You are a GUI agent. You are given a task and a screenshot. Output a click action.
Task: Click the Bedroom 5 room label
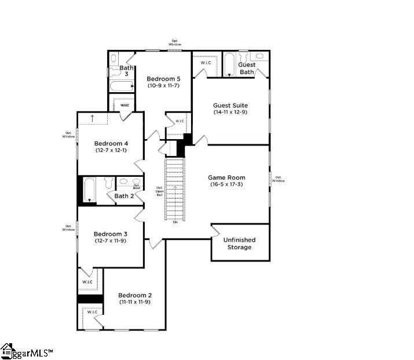(x=163, y=79)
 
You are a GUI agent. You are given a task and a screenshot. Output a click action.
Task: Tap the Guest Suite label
(x=230, y=106)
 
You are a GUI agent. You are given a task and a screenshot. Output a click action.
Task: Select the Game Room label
(x=228, y=178)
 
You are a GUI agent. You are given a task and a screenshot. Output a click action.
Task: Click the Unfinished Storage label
(x=240, y=243)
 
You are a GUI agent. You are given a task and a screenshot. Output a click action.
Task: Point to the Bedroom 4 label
(x=111, y=143)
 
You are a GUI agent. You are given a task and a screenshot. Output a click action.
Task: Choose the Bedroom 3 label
(x=111, y=234)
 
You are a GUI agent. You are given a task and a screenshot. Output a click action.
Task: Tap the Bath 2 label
(x=124, y=196)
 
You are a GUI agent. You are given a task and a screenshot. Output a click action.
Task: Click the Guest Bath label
(x=247, y=68)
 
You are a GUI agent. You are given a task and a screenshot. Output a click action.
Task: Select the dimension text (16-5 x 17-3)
(x=228, y=185)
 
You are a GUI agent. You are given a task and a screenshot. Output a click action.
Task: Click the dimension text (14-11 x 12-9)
(x=230, y=112)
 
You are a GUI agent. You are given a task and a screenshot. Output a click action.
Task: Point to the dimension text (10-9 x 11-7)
(x=163, y=86)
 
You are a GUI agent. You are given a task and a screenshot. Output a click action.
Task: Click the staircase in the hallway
(x=175, y=188)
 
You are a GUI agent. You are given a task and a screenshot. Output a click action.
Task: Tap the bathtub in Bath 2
(x=90, y=190)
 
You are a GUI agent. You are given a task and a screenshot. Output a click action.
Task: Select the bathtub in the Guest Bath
(x=229, y=65)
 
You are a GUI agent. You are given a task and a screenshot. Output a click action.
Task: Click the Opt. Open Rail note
(x=159, y=191)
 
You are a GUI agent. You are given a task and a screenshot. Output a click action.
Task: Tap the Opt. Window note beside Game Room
(x=279, y=179)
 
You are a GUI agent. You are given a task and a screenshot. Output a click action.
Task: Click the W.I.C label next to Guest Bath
(x=206, y=63)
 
